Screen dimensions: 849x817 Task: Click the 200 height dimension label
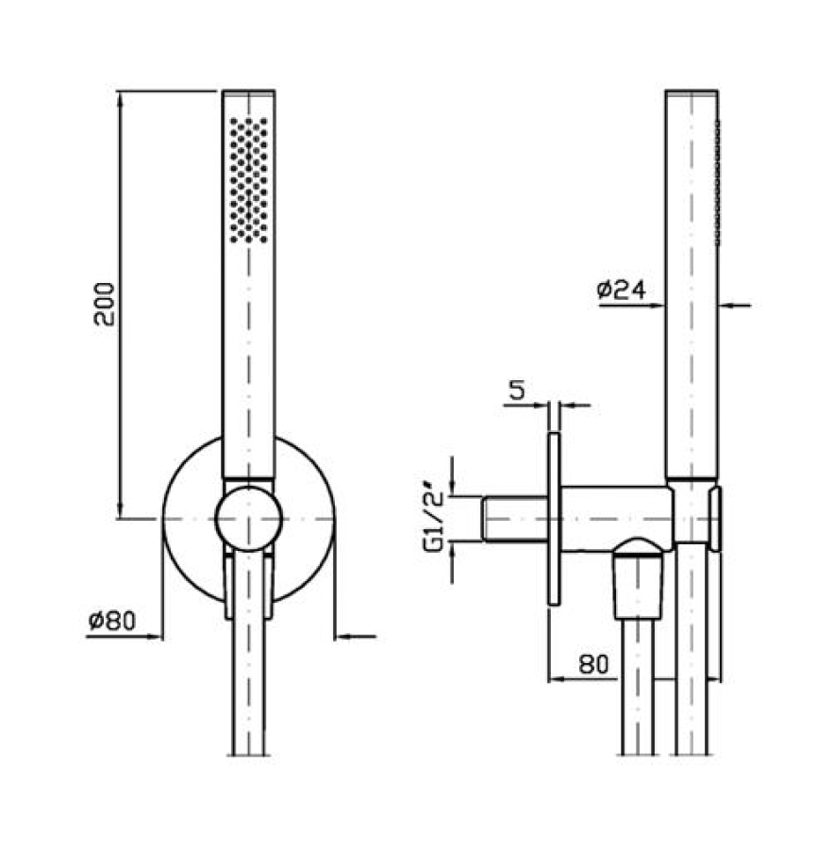click(105, 303)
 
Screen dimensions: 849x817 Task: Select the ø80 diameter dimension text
click(112, 622)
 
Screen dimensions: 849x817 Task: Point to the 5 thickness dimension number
click(516, 391)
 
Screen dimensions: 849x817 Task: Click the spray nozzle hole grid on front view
click(248, 179)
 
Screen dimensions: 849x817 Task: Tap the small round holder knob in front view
click(248, 516)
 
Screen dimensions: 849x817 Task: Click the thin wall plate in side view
click(555, 519)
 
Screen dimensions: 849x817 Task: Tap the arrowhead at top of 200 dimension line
click(120, 99)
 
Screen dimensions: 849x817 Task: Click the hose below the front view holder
click(248, 679)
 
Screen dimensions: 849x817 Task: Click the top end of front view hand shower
click(248, 93)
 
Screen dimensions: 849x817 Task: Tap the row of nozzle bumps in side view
click(717, 179)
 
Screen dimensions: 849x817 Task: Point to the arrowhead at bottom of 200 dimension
click(120, 510)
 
